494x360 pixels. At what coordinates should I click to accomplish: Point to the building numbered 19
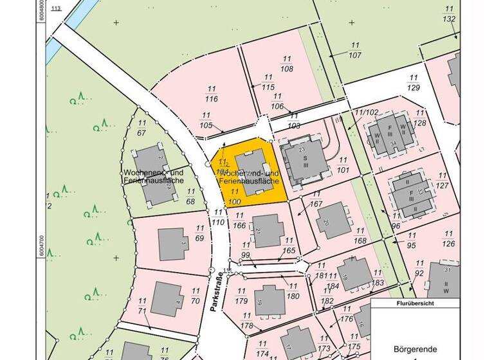(270, 300)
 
